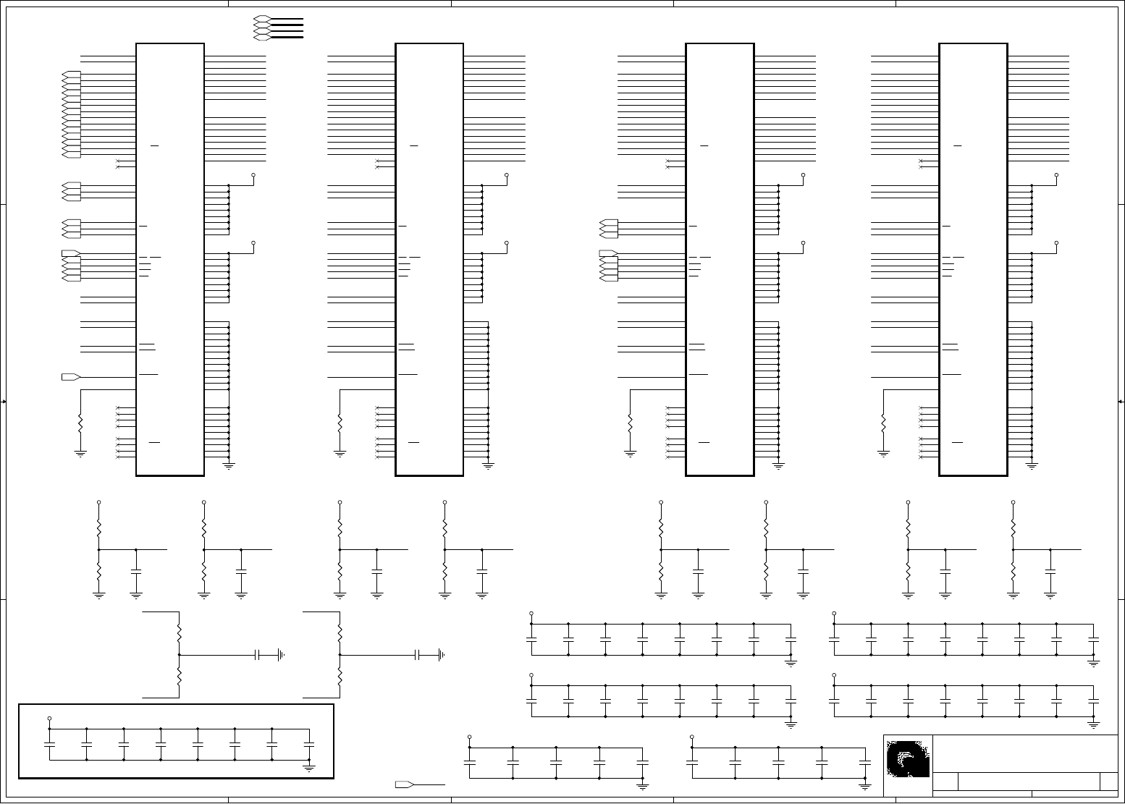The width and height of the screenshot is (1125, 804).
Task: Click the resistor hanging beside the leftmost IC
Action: (x=80, y=421)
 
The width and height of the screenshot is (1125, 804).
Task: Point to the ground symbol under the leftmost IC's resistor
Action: (x=80, y=454)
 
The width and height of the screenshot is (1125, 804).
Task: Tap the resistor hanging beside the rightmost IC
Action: (x=883, y=421)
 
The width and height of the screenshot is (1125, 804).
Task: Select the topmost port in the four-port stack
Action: (x=262, y=18)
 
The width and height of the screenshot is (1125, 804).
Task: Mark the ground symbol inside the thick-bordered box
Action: (x=309, y=767)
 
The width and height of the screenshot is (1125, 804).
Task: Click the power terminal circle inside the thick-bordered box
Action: (x=49, y=719)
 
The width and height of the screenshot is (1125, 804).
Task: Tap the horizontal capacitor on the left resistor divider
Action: (x=257, y=655)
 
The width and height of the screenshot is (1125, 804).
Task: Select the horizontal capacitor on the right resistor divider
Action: (x=417, y=655)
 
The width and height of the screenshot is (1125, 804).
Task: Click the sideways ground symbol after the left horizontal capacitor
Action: (x=281, y=655)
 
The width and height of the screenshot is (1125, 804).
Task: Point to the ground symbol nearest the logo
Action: (x=864, y=785)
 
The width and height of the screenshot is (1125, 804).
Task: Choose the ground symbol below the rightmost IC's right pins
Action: (x=1032, y=466)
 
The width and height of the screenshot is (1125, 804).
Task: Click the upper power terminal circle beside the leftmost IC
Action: (x=253, y=175)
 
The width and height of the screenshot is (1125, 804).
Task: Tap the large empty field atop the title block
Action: (x=1025, y=754)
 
